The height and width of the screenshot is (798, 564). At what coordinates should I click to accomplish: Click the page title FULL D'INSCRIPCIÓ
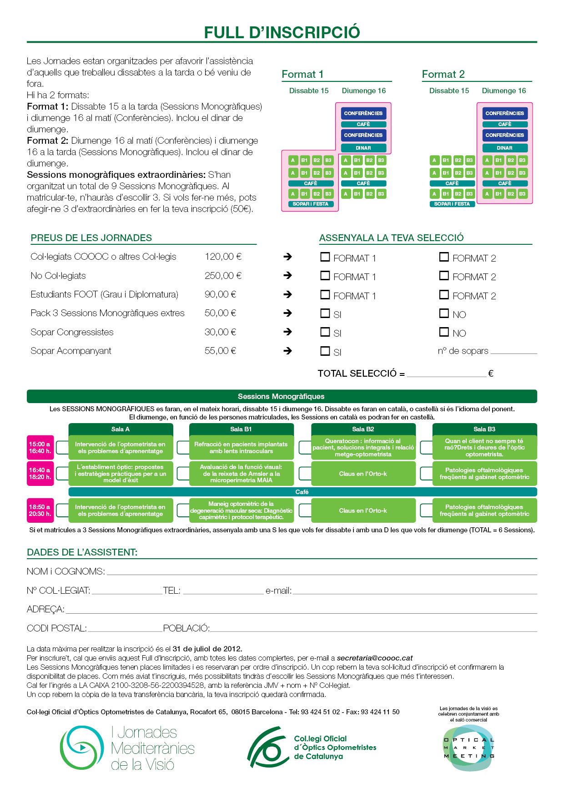282,32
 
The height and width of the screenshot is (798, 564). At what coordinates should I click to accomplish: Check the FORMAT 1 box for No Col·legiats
325,276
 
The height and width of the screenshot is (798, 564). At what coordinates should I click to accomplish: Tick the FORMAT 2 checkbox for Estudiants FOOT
444,295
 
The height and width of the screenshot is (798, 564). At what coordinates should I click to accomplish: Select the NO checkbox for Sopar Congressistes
444,332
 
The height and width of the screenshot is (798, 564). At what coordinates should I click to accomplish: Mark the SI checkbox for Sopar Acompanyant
325,351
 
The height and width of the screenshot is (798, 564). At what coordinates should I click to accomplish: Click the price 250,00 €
223,276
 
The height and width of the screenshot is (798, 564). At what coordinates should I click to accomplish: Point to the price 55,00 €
220,351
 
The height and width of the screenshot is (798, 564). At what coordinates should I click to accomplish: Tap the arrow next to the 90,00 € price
287,294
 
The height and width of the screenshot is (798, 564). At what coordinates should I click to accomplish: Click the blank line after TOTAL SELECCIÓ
447,374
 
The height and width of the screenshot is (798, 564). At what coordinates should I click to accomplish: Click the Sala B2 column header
363,429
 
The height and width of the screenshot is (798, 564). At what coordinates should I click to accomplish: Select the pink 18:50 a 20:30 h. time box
40,510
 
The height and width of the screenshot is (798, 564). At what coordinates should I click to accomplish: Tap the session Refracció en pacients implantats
241,448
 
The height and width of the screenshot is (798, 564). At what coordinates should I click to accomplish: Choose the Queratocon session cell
363,448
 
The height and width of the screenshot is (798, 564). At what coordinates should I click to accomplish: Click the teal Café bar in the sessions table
302,492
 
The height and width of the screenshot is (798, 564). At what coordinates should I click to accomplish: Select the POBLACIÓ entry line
373,629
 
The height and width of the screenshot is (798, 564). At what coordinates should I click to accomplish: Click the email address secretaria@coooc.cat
375,658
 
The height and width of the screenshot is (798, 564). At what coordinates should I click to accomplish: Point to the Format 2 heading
443,74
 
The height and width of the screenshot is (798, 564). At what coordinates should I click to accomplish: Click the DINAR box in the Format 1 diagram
363,148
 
